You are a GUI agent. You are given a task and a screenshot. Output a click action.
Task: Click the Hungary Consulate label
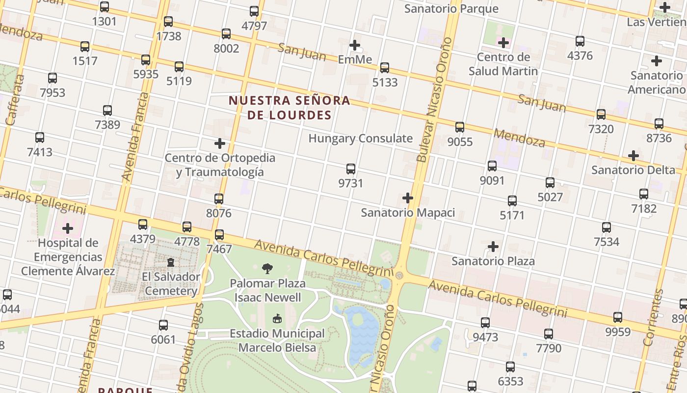click(360, 138)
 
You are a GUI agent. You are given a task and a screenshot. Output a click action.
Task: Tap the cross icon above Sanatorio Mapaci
click(407, 198)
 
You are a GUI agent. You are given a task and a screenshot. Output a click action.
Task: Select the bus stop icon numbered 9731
click(351, 169)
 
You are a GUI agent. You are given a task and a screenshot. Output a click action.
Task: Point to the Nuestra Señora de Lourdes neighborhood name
click(290, 108)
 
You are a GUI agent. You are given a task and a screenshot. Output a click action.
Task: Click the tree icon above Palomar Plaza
click(267, 268)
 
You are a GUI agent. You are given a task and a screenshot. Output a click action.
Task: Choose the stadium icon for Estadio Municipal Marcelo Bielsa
click(277, 318)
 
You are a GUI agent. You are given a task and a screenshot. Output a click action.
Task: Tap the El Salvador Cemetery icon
click(171, 262)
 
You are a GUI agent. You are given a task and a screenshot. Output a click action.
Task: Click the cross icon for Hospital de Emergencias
click(68, 228)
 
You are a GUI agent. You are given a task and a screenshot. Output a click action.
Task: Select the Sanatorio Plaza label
click(493, 261)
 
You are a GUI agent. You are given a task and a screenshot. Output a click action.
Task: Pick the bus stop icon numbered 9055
click(460, 127)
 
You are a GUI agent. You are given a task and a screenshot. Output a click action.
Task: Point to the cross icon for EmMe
click(355, 45)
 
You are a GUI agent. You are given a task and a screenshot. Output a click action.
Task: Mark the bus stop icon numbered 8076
click(219, 199)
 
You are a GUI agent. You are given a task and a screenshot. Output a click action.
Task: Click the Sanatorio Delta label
click(633, 170)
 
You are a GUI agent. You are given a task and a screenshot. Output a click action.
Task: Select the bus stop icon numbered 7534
click(607, 227)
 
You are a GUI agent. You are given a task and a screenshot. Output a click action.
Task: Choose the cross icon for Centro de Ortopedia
click(220, 143)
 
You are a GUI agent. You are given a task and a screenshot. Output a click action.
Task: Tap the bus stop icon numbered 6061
click(163, 325)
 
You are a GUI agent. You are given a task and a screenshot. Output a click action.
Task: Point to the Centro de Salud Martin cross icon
click(503, 43)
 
